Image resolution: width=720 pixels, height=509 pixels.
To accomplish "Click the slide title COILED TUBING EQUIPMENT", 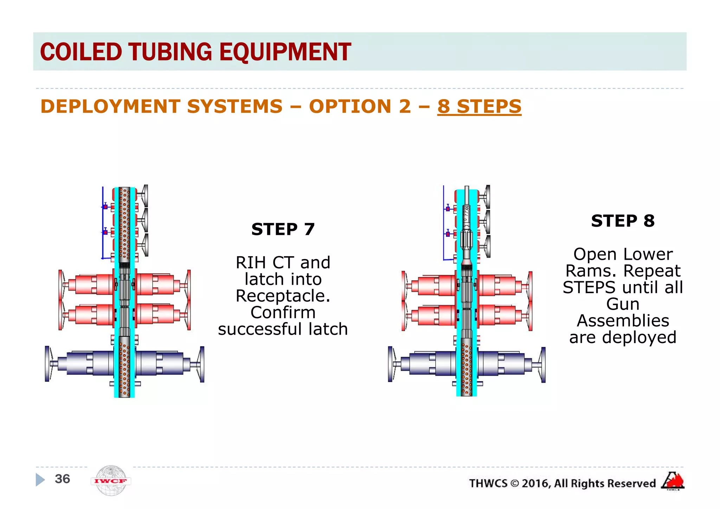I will pyautogui.click(x=195, y=52).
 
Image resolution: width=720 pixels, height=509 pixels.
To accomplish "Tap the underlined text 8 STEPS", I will pyautogui.click(x=479, y=106).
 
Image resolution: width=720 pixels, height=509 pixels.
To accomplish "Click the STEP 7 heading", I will pyautogui.click(x=283, y=229).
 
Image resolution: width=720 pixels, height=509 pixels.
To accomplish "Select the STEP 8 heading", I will pyautogui.click(x=623, y=221).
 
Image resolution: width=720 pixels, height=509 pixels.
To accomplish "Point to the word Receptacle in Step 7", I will pyautogui.click(x=282, y=296).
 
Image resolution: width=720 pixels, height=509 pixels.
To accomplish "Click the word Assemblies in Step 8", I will pyautogui.click(x=623, y=321).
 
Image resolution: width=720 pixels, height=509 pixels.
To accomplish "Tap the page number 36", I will pyautogui.click(x=63, y=479).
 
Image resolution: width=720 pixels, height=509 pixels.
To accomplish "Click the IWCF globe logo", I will pyautogui.click(x=111, y=481).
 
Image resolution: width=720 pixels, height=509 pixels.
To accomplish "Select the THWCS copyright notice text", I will pyautogui.click(x=562, y=483).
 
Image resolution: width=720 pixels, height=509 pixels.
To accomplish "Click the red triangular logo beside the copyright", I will pyautogui.click(x=673, y=481).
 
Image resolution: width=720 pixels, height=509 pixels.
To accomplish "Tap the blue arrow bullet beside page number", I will pyautogui.click(x=40, y=479).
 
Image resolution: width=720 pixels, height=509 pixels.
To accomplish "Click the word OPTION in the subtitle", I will pyautogui.click(x=350, y=106).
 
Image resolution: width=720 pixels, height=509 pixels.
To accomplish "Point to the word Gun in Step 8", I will pyautogui.click(x=623, y=304).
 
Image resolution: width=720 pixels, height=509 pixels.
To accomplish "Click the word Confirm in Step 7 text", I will pyautogui.click(x=283, y=312).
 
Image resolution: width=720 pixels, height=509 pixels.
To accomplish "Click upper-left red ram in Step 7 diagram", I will pyautogui.click(x=90, y=284).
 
